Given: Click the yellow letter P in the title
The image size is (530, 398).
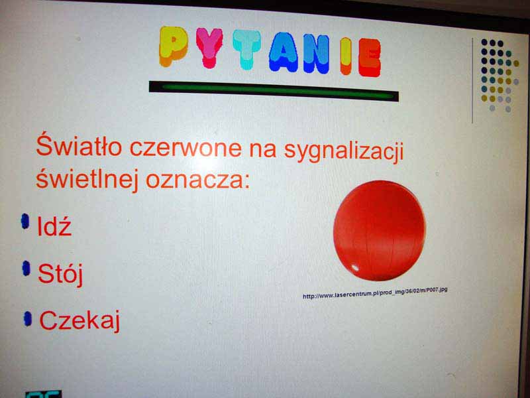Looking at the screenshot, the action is pos(173,46).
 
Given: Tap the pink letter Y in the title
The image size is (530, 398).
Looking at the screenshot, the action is pos(209,48).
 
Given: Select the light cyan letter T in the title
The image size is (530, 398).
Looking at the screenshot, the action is pos(246,49).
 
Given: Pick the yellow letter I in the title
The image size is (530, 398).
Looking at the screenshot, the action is pos(346,56).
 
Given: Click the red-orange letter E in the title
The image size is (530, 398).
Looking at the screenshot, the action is pos(370,58).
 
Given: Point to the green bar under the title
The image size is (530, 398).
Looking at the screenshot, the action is pos(274,92).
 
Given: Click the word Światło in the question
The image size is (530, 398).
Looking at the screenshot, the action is pos(79,145).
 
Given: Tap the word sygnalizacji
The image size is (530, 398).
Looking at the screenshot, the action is pos(344,151).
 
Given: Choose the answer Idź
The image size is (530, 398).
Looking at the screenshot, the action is pos(54,226).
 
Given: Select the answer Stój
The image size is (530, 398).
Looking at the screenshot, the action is pos(60,274).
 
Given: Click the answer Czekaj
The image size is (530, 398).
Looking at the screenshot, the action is pos(79,320).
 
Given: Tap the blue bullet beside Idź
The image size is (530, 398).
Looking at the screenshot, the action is pos(25,222).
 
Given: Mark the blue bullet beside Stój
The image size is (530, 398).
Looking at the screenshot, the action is pos(26,269).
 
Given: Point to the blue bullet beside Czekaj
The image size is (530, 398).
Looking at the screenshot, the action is pos(28,319).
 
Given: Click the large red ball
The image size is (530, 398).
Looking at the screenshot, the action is pos(380,231).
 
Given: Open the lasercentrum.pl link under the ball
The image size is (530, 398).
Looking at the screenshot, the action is pos(375,293).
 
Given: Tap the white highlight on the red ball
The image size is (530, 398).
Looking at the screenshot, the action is pos(355,268).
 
